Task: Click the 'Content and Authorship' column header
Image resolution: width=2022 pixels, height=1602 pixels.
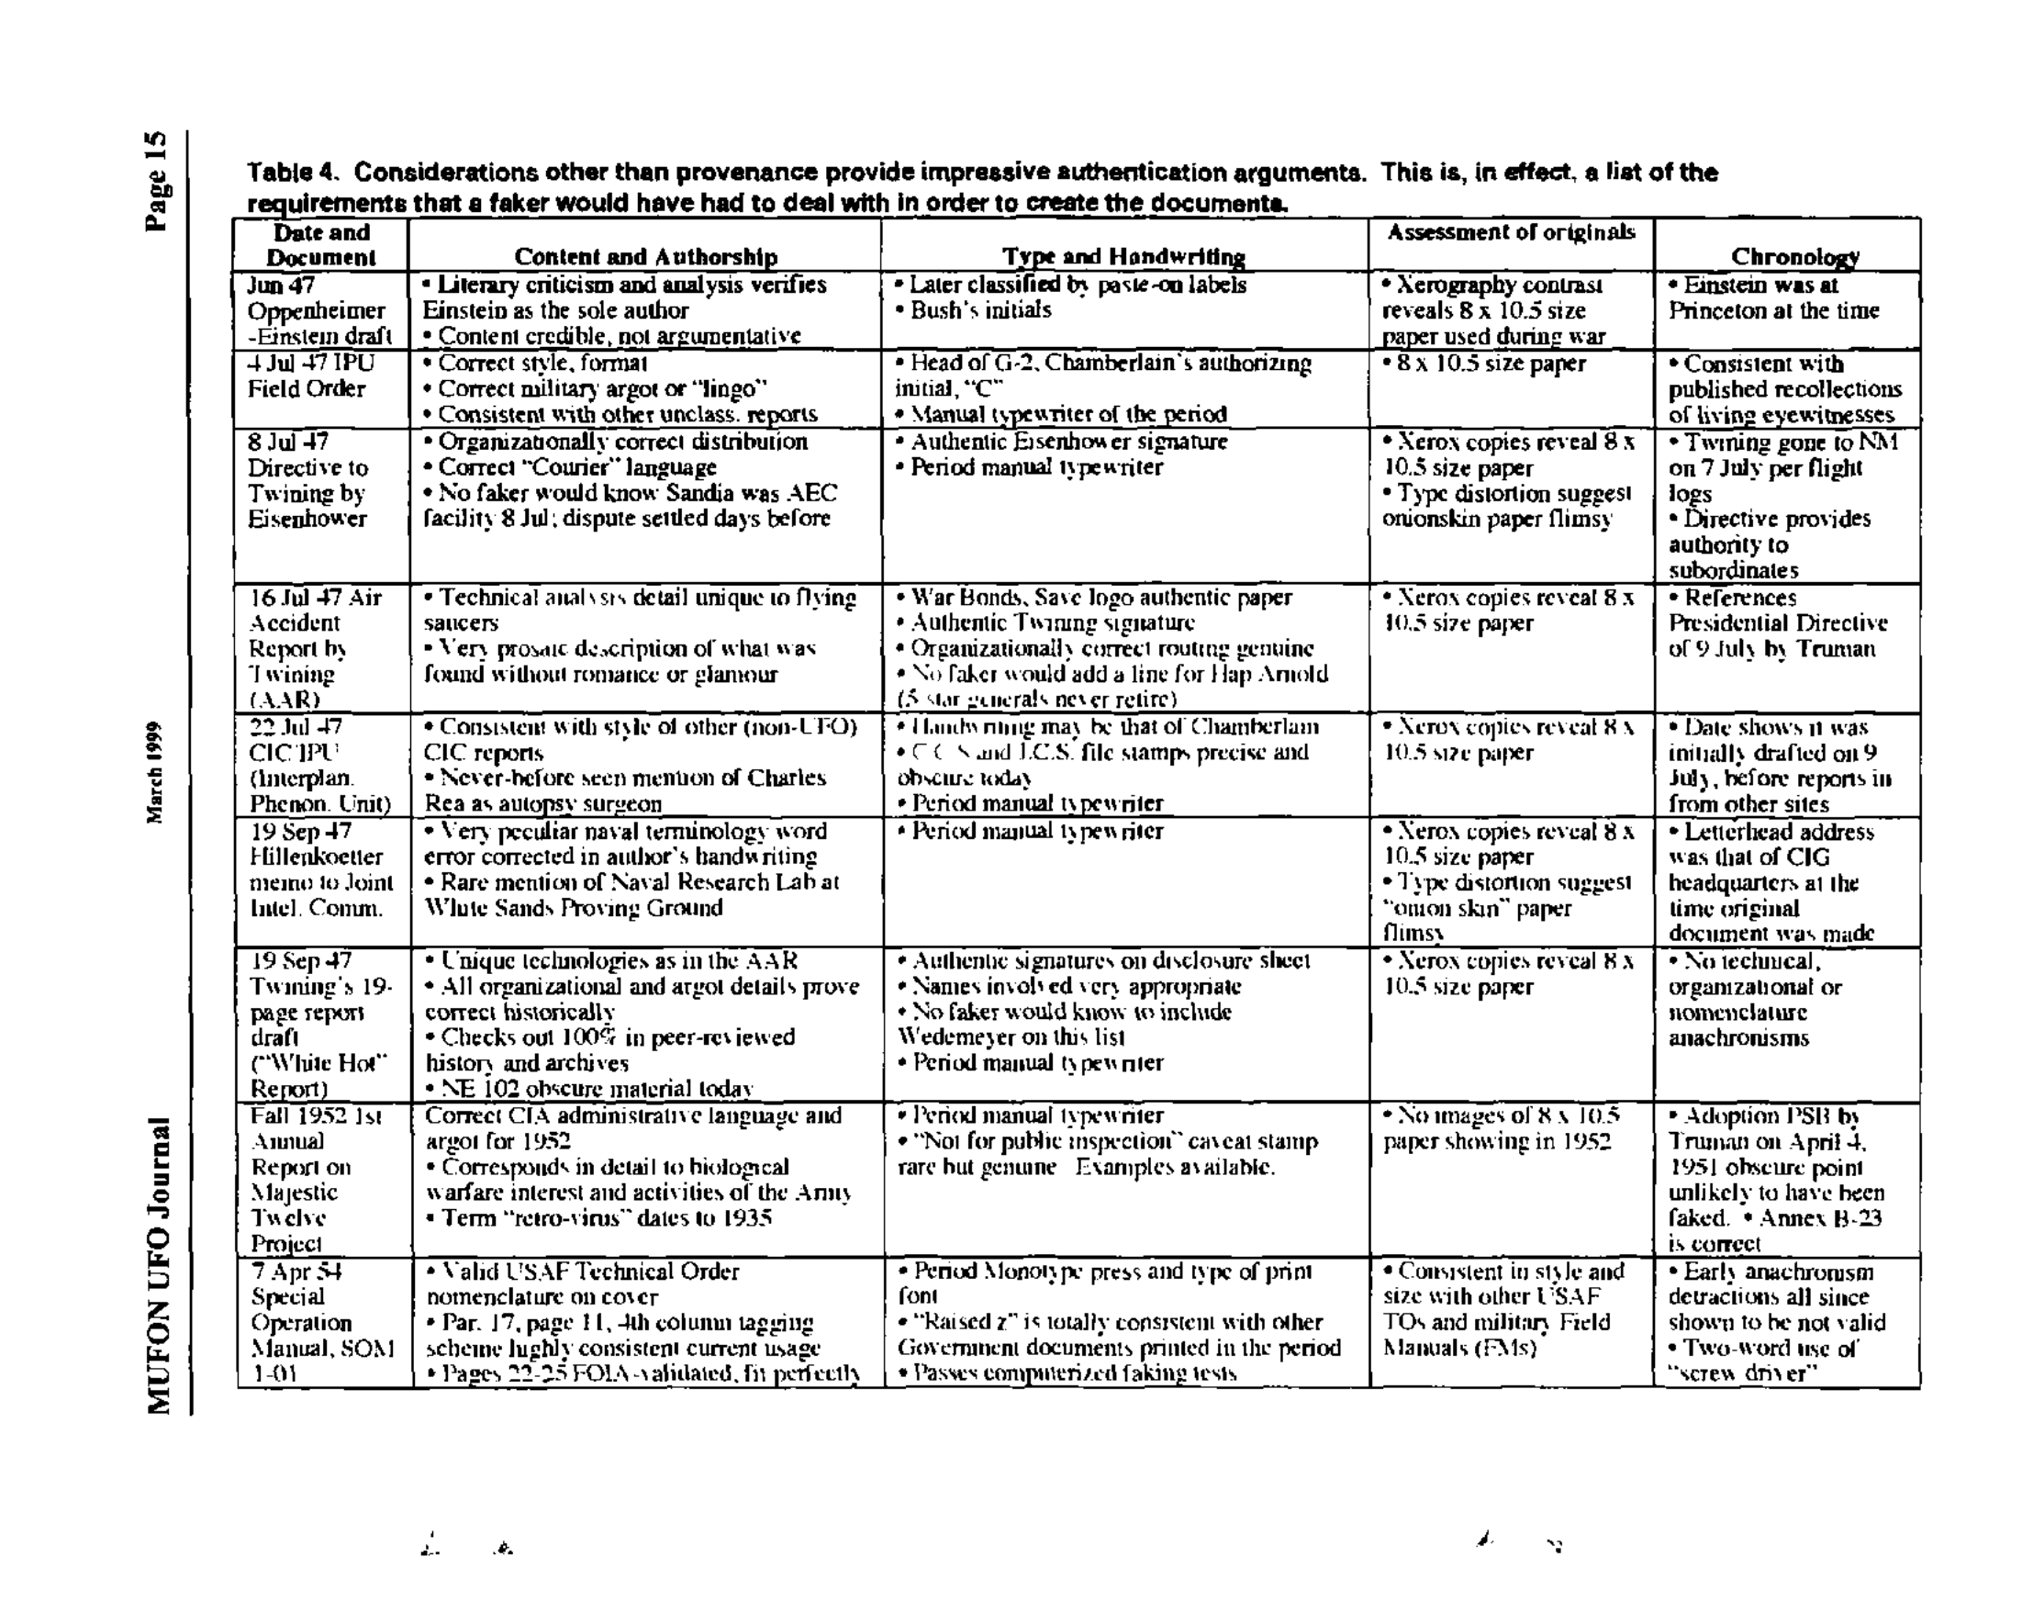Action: (x=645, y=257)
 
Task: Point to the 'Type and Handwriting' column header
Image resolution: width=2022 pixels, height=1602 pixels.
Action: (x=1123, y=257)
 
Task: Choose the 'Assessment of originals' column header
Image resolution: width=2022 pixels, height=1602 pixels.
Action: (x=1510, y=232)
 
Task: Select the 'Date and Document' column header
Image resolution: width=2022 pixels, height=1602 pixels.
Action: (x=320, y=245)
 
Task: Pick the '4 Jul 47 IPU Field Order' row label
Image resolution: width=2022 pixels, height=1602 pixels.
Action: (x=309, y=376)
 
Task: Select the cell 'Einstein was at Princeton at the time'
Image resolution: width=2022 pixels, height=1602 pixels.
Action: (x=1772, y=297)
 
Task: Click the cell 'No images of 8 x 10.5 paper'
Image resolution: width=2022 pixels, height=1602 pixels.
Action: (x=1500, y=1128)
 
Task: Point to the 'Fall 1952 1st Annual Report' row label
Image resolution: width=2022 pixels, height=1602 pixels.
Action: (x=315, y=1180)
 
